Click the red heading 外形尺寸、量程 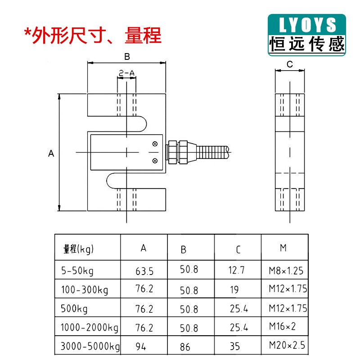point(93,35)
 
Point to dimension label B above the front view point(127,57)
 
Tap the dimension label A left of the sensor point(51,153)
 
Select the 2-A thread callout point(126,72)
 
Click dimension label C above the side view point(290,64)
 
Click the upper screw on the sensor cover point(155,144)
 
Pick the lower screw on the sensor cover point(155,160)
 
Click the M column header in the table point(283,248)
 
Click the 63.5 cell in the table point(144,271)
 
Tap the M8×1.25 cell point(286,271)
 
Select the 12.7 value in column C point(237,270)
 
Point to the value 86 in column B point(185,347)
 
